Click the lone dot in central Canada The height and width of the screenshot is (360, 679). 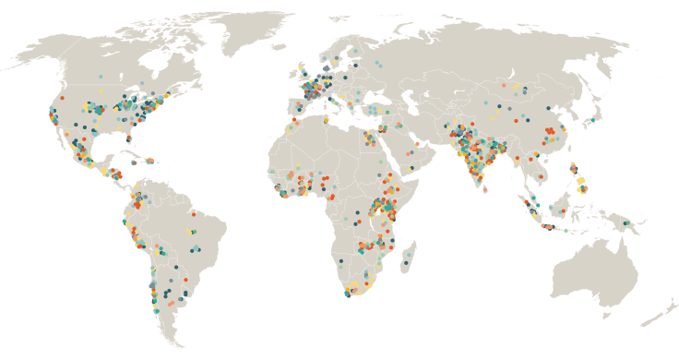tap(100, 77)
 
